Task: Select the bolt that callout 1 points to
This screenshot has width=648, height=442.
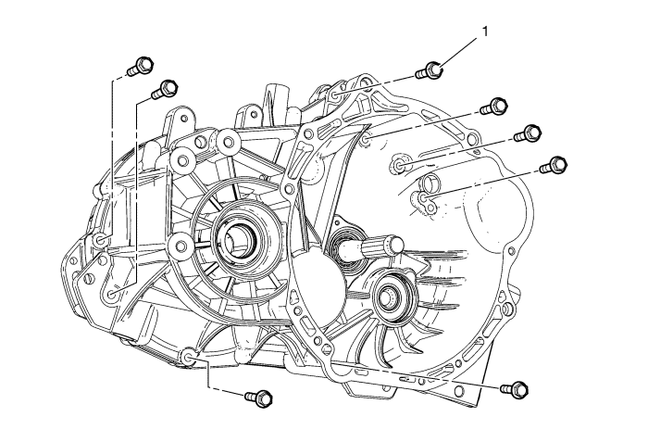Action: point(430,69)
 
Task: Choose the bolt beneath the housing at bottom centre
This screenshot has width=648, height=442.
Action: point(256,398)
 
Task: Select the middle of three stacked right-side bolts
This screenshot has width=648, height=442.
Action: point(529,134)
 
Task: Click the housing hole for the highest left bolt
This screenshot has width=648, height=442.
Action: point(101,243)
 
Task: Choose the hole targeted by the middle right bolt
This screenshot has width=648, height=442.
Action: point(399,166)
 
